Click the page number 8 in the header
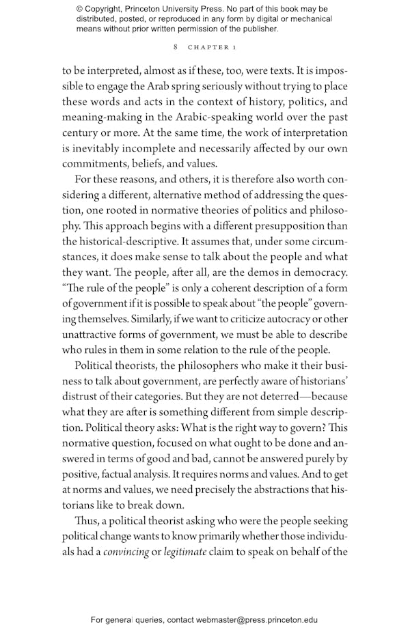pos(176,47)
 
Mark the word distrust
pos(81,397)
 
